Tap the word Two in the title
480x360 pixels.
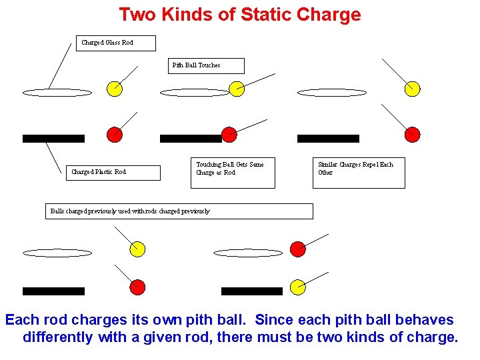136,15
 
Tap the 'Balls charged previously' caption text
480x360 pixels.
130,211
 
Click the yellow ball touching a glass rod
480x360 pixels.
236,89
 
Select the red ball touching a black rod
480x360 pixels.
229,134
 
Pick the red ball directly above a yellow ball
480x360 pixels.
298,249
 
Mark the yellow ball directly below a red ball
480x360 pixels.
298,287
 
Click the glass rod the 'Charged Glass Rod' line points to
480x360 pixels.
57,93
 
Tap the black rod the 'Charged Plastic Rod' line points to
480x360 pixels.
53,139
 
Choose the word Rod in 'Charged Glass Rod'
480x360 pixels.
127,43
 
